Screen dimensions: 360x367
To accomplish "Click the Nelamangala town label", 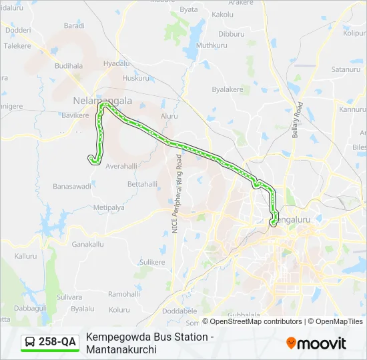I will (x=102, y=101).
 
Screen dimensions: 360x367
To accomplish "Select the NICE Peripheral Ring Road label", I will (x=176, y=194).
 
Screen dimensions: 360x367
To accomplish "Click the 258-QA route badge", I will (x=50, y=342).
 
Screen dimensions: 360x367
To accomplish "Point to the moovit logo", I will (x=316, y=343).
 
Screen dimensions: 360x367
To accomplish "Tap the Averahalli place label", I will (x=121, y=165).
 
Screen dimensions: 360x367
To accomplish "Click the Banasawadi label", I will (x=72, y=186).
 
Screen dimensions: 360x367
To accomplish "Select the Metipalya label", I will (x=109, y=207).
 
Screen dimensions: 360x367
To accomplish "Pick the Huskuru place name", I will (x=136, y=78).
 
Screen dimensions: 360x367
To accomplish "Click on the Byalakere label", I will (x=228, y=89).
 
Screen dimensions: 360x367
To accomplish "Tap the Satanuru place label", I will (x=345, y=69).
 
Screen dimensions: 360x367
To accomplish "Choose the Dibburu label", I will (x=232, y=33).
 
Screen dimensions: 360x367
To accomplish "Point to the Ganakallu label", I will (x=88, y=244).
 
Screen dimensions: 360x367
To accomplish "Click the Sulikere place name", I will (x=151, y=262).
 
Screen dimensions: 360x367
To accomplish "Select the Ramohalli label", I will (x=124, y=293).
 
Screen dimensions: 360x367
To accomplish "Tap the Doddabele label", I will (x=179, y=311).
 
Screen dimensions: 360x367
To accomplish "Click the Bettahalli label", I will (x=142, y=183).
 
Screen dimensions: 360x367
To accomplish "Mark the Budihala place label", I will (x=69, y=66).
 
